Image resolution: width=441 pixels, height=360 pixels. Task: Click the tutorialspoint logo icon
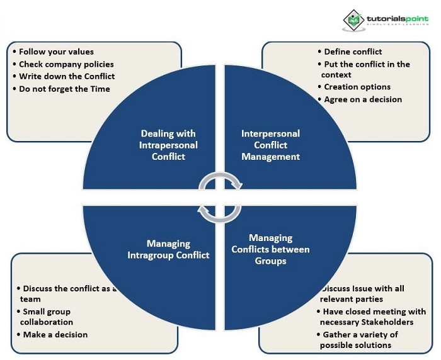coord(354,20)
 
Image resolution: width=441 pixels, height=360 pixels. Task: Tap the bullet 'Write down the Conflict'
coord(66,76)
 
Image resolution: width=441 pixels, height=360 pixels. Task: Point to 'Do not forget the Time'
coord(64,89)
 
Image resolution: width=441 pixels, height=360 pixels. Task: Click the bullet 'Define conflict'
coord(353,52)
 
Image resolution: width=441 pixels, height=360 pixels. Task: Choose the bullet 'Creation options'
coord(357,87)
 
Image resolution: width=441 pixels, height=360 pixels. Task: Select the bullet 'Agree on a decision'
coord(363,99)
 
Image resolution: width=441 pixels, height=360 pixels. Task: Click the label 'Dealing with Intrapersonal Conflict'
coord(168,145)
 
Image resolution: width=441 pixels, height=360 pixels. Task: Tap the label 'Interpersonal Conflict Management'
coord(270,145)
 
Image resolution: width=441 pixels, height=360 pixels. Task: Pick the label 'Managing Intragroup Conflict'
coord(168,249)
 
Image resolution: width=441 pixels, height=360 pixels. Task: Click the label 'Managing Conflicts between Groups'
coord(270,249)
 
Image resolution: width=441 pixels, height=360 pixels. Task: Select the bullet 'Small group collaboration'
coord(47,317)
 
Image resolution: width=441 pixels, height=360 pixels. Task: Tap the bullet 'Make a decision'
coord(55,334)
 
